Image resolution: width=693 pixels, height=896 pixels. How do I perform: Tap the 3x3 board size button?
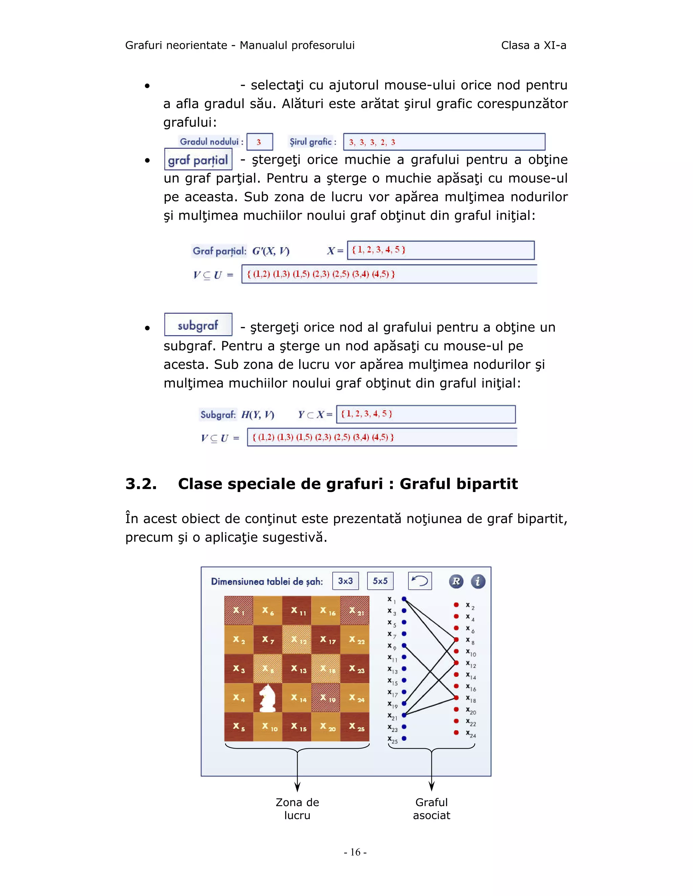click(345, 581)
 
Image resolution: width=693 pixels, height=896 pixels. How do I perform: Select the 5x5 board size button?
click(380, 581)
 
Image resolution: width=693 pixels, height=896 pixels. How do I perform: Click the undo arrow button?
click(420, 581)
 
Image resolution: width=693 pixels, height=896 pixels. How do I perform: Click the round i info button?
click(477, 581)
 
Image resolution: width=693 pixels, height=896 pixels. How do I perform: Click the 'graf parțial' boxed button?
click(198, 160)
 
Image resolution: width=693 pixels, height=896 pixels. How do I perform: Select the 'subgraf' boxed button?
click(198, 325)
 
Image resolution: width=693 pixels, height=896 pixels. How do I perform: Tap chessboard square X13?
click(297, 669)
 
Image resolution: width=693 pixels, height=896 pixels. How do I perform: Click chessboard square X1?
click(239, 610)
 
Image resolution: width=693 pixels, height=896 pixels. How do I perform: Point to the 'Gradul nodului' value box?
click(260, 142)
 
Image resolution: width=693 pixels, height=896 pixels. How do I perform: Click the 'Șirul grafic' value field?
click(444, 142)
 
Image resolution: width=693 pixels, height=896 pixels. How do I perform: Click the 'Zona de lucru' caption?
click(297, 809)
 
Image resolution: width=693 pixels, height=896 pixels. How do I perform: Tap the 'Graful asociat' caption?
click(431, 809)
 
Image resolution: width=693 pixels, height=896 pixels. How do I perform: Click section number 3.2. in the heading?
click(141, 484)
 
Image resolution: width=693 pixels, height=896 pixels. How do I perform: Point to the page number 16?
click(355, 852)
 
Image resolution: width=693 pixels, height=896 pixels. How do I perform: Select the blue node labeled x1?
click(404, 599)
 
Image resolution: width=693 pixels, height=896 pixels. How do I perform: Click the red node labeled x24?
click(456, 733)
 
